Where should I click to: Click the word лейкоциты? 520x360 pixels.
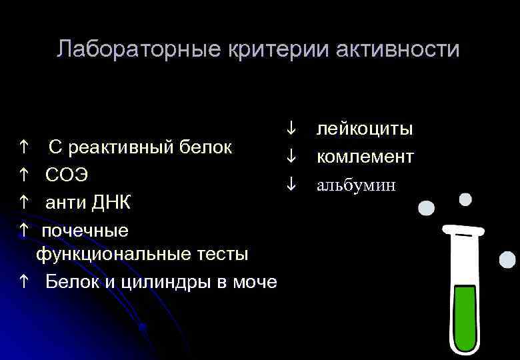364,128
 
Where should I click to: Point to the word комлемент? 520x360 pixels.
365,157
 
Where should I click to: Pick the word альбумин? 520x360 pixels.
356,185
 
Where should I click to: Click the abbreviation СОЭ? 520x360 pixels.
67,175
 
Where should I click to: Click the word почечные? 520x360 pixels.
85,231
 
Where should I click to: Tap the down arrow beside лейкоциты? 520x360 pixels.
291,128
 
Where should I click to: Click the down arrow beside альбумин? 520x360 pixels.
291,185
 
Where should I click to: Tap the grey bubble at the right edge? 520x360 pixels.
507,259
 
